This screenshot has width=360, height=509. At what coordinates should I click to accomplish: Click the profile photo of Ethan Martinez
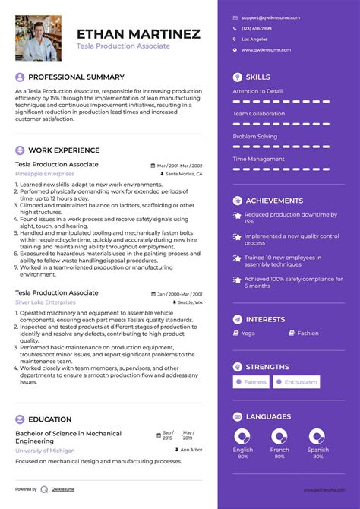(x=38, y=38)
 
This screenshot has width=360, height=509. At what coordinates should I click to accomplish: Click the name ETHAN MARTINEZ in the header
(x=138, y=33)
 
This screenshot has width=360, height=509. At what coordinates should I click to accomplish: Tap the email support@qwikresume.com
(x=270, y=17)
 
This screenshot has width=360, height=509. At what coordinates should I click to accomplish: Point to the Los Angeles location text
(x=254, y=39)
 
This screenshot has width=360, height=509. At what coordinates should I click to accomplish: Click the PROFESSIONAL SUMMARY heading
(x=76, y=77)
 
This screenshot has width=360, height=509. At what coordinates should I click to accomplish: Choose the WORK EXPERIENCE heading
(x=64, y=150)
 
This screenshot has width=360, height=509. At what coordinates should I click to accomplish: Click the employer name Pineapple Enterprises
(x=45, y=174)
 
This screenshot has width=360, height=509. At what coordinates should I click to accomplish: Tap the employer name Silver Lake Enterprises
(x=46, y=302)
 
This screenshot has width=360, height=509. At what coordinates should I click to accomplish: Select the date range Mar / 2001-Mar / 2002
(x=179, y=165)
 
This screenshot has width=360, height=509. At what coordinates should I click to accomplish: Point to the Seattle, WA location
(x=190, y=302)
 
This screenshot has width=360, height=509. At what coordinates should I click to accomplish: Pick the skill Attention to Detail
(x=257, y=91)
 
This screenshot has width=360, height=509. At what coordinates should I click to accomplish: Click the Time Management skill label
(x=258, y=159)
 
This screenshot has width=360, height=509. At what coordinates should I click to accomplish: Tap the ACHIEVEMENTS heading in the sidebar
(x=273, y=201)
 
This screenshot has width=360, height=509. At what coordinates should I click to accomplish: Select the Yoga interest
(x=248, y=333)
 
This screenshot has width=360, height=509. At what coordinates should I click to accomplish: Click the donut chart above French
(x=280, y=436)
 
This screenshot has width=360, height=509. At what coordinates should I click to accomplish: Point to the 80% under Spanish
(x=318, y=457)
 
